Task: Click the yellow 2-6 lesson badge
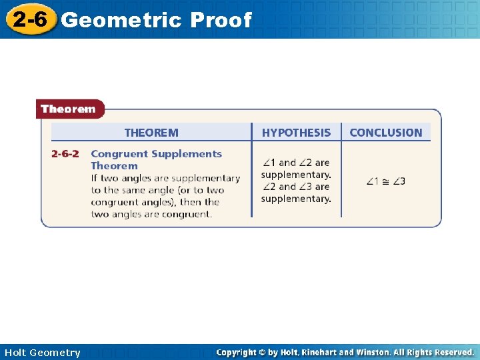point(30,20)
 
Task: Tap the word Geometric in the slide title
point(121,20)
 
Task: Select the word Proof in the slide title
point(221,20)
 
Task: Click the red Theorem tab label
point(68,109)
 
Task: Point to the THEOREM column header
point(151,133)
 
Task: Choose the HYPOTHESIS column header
point(296,133)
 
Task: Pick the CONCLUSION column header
point(386,133)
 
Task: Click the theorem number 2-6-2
point(65,154)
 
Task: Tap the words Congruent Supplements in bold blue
point(156,154)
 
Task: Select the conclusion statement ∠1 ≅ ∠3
point(386,181)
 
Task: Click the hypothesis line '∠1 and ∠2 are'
point(296,163)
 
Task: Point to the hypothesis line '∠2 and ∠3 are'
point(296,187)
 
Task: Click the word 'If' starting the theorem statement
point(95,178)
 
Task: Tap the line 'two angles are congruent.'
point(151,214)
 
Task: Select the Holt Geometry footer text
point(42,353)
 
